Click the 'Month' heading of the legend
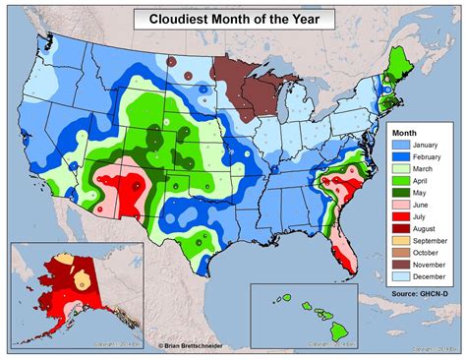tap(406, 131)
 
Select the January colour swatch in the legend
tap(400, 144)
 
